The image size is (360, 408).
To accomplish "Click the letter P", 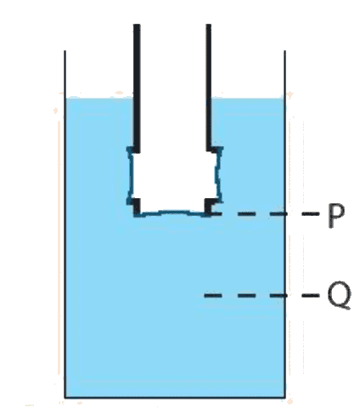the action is pos(336,215).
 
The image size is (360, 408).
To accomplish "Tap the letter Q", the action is pos(340,295).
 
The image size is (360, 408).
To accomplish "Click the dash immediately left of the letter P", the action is pos(311,213).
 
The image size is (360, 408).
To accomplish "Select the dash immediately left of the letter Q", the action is pos(311,296).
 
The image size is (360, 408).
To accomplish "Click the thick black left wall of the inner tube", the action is pos(137,88).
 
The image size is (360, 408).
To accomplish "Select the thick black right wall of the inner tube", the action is pos(209,88).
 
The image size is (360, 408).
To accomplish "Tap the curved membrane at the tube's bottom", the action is pos(172,213).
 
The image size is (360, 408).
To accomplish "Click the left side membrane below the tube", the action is pos(131,175).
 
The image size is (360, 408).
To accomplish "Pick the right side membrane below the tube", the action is pos(219,174).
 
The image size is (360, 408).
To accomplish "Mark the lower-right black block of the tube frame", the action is pos(210,207).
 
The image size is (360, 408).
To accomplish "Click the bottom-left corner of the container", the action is pos(65,398).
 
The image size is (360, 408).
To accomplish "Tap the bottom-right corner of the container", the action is pos(284,398).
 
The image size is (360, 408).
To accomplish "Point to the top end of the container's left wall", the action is pos(65,51).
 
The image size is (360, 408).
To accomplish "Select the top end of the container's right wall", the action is pos(284,51).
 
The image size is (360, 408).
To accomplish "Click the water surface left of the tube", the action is pos(99,99).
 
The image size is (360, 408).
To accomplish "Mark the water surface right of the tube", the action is pos(247,99).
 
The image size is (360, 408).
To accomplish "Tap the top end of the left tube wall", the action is pos(137,25).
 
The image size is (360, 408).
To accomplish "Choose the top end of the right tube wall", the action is pos(209,25).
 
